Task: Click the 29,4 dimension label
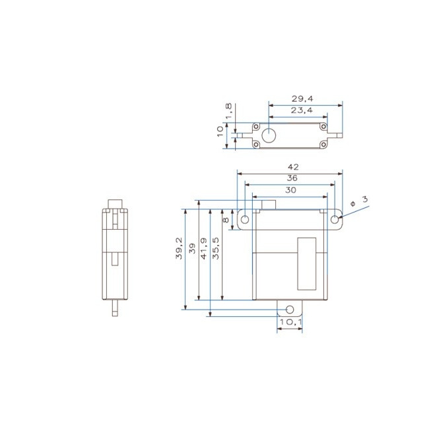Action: coord(301,98)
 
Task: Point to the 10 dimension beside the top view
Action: coord(220,132)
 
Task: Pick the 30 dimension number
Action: coord(290,189)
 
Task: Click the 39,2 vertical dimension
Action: coord(179,249)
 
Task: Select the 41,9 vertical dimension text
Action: coord(204,249)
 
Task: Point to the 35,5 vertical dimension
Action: coord(216,249)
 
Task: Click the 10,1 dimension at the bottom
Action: coord(290,322)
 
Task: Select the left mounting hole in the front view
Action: coord(245,220)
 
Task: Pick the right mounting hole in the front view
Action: coord(335,220)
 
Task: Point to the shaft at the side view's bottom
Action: coord(116,308)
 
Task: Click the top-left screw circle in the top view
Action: coord(256,125)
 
